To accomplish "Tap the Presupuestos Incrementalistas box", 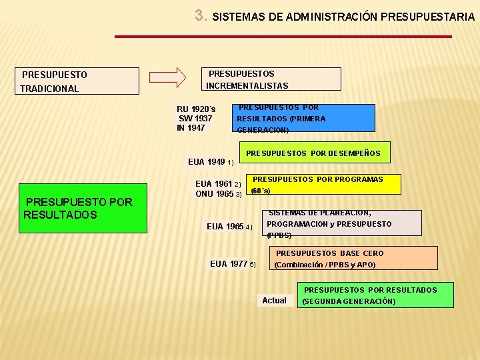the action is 271,79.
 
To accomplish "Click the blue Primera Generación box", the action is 304,118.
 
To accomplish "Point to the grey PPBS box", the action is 343,223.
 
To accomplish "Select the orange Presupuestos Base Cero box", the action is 353,258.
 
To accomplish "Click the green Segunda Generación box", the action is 377,295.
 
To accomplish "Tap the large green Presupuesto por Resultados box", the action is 83,208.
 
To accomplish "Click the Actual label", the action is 274,301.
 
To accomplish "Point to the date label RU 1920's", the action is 196,109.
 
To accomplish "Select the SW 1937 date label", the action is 195,118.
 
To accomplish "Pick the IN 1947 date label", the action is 191,127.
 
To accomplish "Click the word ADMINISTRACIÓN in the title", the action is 322,17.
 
